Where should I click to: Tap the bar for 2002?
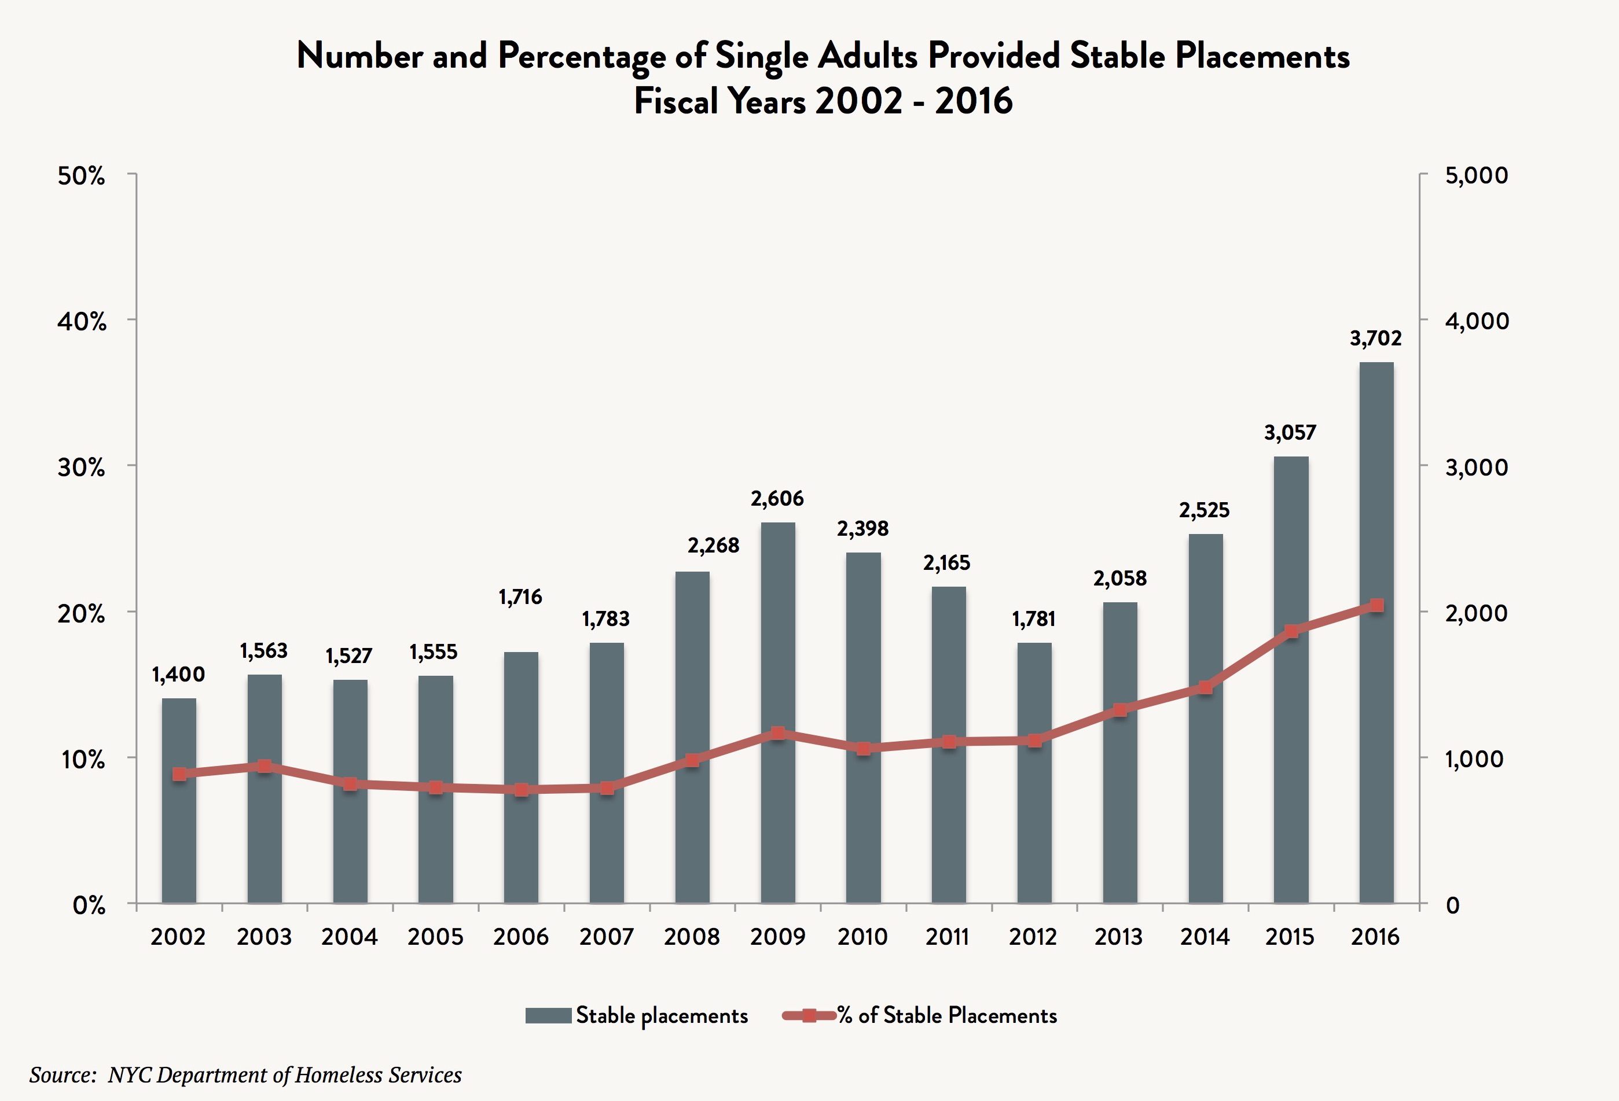tap(179, 800)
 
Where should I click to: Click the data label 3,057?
tap(1290, 432)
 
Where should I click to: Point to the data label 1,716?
tap(520, 597)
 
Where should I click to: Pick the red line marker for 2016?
tap(1376, 606)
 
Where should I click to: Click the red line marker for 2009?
tap(777, 733)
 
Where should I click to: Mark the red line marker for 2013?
tap(1119, 710)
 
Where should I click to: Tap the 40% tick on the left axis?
tap(82, 322)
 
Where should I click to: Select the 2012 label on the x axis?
tap(1033, 937)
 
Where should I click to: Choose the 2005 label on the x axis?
tap(435, 937)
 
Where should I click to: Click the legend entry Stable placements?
tap(637, 1015)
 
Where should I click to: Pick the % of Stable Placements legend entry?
tap(920, 1015)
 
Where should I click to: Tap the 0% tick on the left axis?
tap(89, 905)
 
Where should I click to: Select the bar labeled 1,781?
tap(1034, 772)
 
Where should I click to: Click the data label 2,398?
tap(862, 529)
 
